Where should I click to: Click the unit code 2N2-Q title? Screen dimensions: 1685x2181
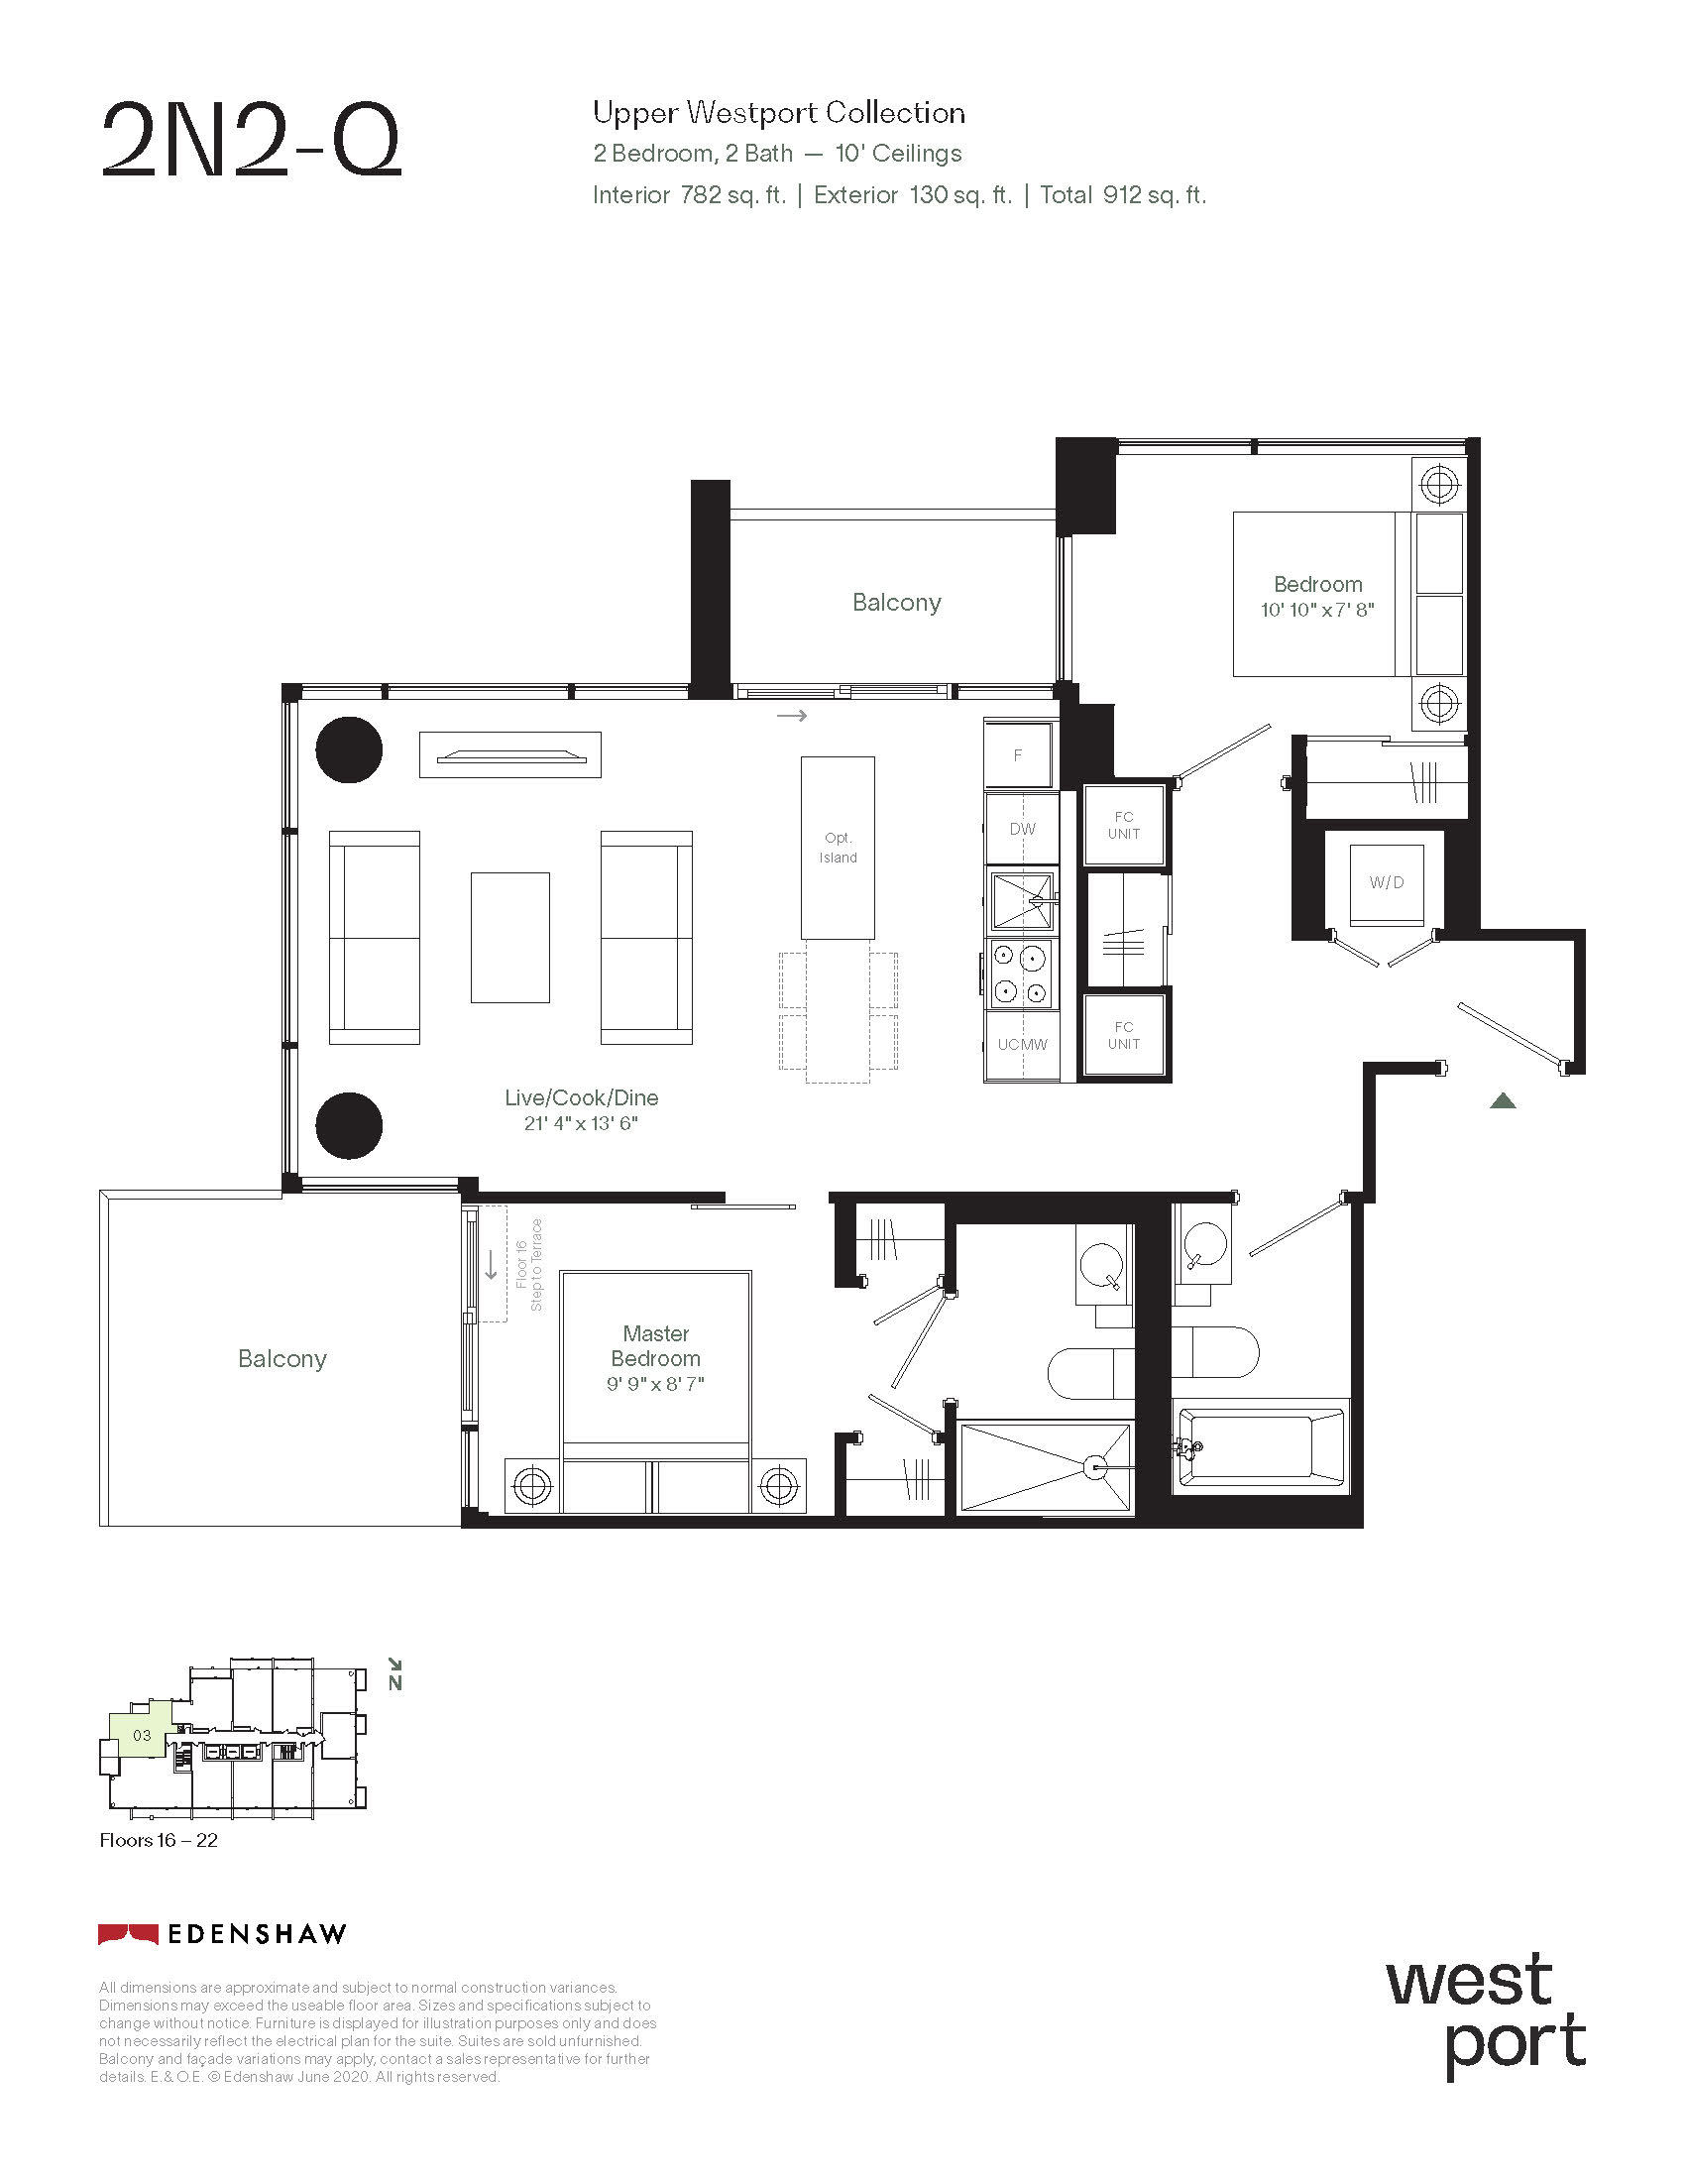[251, 141]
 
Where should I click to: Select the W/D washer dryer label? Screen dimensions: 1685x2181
[1387, 882]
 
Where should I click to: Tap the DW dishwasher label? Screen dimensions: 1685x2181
[1022, 829]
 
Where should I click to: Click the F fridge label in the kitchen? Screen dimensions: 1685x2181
[1018, 756]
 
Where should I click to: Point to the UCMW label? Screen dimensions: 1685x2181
[1022, 1045]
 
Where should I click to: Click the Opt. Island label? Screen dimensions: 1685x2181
[838, 848]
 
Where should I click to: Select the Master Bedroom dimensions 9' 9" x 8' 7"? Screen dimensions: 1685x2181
[656, 1384]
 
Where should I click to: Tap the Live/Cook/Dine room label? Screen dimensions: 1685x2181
[581, 1097]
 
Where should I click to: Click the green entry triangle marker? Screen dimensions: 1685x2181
[1504, 1100]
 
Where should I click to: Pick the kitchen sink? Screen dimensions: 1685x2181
[1023, 900]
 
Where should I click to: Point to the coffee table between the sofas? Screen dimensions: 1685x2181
[510, 938]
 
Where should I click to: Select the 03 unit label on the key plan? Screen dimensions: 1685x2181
[142, 1735]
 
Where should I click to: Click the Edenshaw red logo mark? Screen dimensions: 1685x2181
[128, 1934]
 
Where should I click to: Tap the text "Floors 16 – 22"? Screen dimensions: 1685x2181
[159, 1841]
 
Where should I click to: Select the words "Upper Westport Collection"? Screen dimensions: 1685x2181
[779, 113]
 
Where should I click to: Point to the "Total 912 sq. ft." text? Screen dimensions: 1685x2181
[1123, 194]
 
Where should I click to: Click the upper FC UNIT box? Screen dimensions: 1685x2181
[1124, 825]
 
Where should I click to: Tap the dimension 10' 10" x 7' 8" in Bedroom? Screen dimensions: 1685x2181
[1317, 610]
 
